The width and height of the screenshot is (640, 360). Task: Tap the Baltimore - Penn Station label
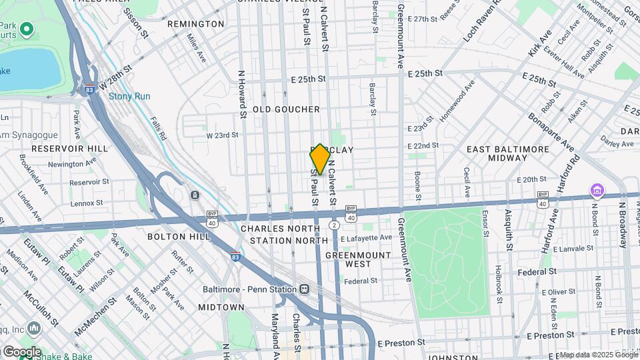click(x=250, y=289)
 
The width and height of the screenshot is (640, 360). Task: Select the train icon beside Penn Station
click(x=304, y=289)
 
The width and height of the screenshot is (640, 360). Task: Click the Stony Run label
click(x=129, y=97)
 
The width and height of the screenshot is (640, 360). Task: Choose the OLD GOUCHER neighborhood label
click(x=286, y=109)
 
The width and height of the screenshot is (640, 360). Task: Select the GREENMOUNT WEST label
click(x=348, y=259)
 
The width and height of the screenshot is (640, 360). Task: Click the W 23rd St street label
click(x=222, y=135)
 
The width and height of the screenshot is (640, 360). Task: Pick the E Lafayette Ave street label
click(x=367, y=238)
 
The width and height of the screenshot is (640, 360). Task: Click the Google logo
click(x=21, y=351)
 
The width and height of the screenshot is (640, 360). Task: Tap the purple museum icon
click(x=595, y=192)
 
